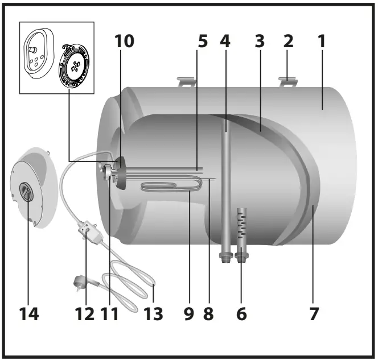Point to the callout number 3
click(259, 42)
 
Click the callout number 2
click(289, 42)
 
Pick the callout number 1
click(322, 42)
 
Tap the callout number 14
click(28, 313)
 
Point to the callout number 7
click(314, 313)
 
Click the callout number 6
click(241, 313)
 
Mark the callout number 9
click(188, 313)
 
